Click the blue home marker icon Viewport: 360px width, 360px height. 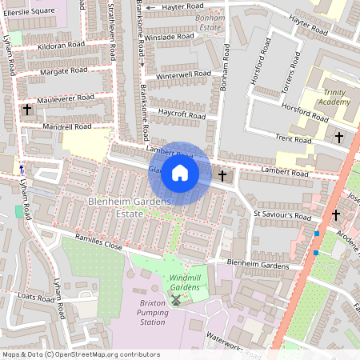point(180,173)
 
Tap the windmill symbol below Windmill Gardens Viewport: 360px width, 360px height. point(175,300)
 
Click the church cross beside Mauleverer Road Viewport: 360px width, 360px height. point(27,108)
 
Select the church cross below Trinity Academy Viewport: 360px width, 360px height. point(338,138)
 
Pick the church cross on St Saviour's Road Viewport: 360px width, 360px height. point(336,214)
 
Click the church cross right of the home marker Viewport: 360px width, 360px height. point(222,174)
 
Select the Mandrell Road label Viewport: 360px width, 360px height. point(67,126)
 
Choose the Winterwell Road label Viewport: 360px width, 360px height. point(184,74)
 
